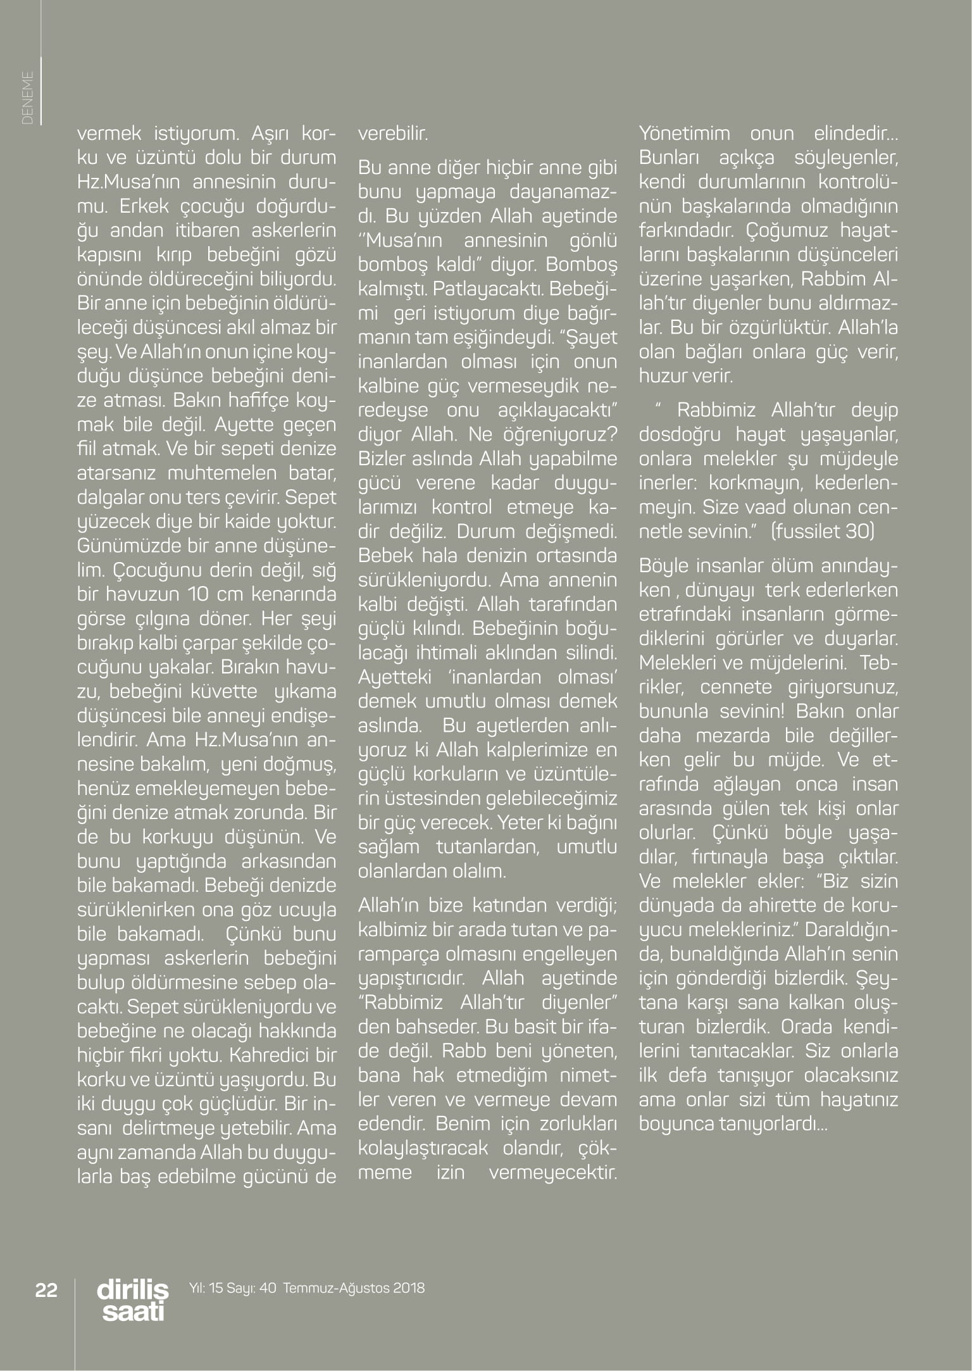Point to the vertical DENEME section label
28,97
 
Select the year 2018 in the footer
409,1287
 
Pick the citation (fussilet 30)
822,531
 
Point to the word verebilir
392,134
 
